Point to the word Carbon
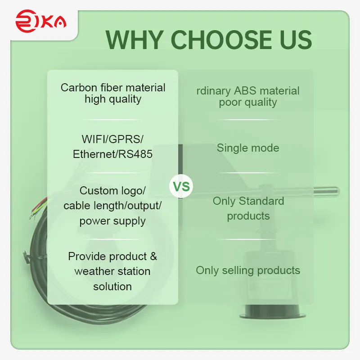pyautogui.click(x=79, y=87)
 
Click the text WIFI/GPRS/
pyautogui.click(x=112, y=139)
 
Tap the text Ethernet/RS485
pyautogui.click(x=112, y=154)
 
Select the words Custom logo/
pyautogui.click(x=112, y=190)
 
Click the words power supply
pyautogui.click(x=112, y=221)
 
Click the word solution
pyautogui.click(x=112, y=286)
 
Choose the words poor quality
pyautogui.click(x=248, y=102)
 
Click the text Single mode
pyautogui.click(x=248, y=148)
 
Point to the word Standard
pyautogui.click(x=261, y=201)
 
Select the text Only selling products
pyautogui.click(x=248, y=270)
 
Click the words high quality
pyautogui.click(x=113, y=99)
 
